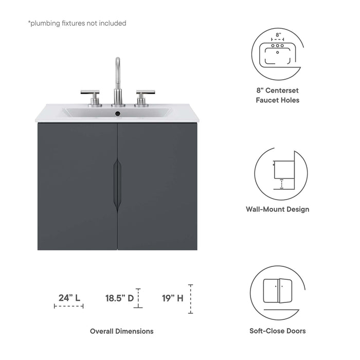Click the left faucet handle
90,94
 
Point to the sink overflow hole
117,113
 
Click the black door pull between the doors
118,185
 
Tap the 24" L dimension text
69,297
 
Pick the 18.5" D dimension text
119,297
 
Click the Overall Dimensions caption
121,331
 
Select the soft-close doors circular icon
278,292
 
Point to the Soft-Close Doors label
278,331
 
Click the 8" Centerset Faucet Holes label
278,95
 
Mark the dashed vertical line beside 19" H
190,299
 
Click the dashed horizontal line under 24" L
68,306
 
